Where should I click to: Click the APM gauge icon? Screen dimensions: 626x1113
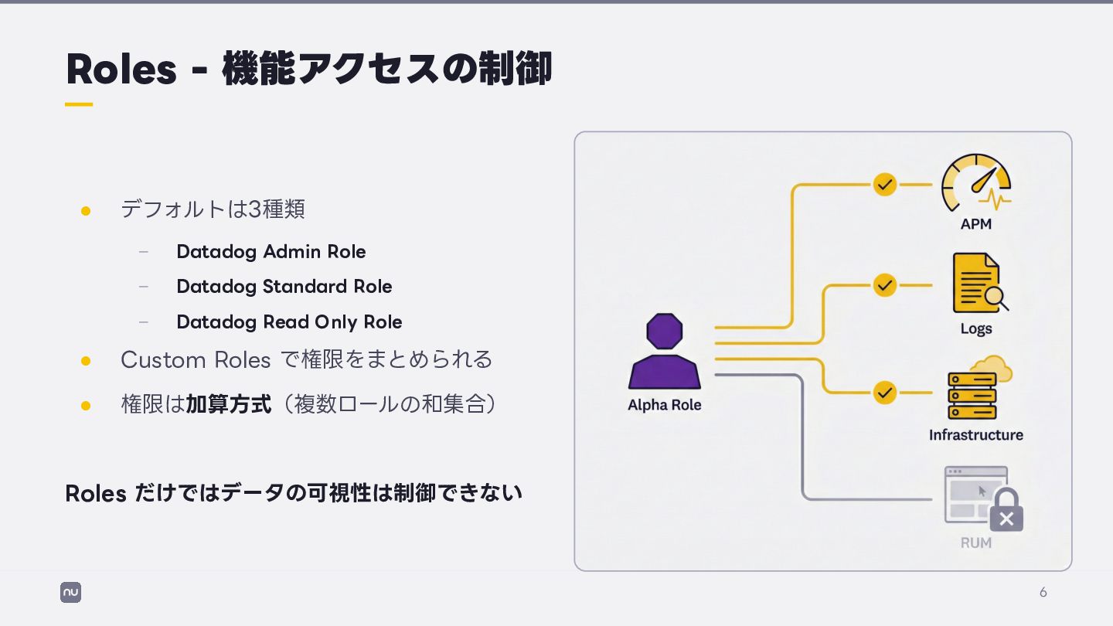(x=975, y=183)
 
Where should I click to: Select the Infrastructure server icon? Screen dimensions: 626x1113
(x=973, y=395)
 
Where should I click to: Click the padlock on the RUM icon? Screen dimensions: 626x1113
(x=1006, y=512)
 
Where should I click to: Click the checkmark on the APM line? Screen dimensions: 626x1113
(x=885, y=185)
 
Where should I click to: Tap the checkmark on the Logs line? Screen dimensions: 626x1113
(x=885, y=285)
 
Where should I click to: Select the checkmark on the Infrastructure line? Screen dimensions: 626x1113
(x=885, y=393)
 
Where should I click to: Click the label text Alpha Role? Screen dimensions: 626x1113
(x=664, y=405)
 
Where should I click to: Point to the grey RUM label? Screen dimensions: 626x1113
(x=975, y=543)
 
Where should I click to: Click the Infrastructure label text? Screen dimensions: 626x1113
(x=975, y=435)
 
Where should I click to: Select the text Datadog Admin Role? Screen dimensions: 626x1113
(x=271, y=252)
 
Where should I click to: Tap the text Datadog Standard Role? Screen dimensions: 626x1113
(x=284, y=287)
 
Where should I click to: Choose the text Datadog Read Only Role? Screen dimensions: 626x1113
(x=289, y=322)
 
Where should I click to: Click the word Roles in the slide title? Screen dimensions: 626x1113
(x=121, y=70)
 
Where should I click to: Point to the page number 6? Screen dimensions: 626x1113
(x=1043, y=593)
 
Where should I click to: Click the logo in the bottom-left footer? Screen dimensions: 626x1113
(x=70, y=593)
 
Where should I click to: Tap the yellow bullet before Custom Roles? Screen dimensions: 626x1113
(x=86, y=361)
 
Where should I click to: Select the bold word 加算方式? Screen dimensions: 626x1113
(x=229, y=404)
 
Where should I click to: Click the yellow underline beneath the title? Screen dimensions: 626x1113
(x=79, y=104)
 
